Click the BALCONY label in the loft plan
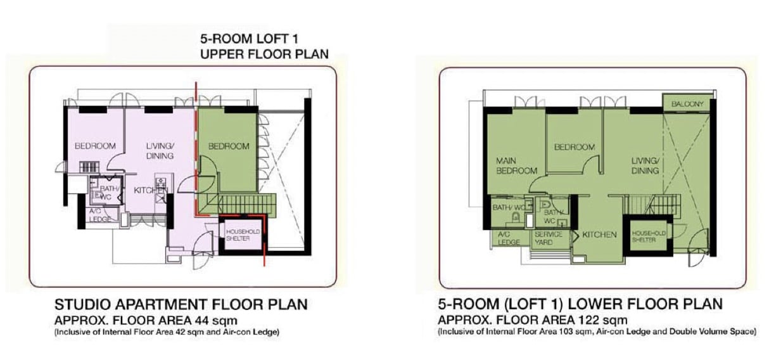click(687, 104)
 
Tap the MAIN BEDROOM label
click(517, 165)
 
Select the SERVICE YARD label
click(549, 238)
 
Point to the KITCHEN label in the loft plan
click(599, 235)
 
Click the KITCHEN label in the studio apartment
click(151, 190)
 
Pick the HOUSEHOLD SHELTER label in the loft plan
click(649, 236)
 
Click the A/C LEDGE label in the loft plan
click(509, 238)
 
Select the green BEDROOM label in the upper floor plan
click(229, 146)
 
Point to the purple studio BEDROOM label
click(95, 146)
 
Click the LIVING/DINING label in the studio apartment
click(160, 151)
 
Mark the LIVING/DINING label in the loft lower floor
click(645, 165)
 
